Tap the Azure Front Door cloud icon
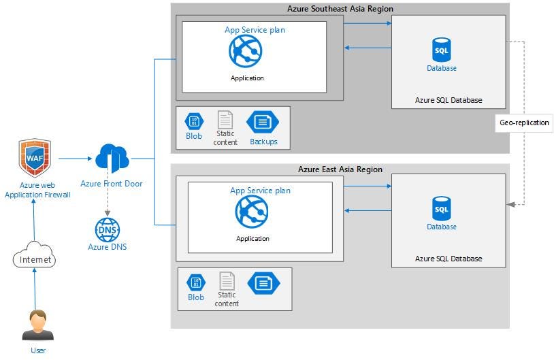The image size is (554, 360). tap(111, 159)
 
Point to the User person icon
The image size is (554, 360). tap(37, 325)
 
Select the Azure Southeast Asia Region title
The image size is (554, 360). tap(340, 9)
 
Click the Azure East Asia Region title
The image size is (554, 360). tap(340, 169)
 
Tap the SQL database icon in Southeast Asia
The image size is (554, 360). tap(442, 50)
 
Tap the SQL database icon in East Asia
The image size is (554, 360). tap(442, 208)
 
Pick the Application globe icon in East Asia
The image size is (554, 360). tap(252, 212)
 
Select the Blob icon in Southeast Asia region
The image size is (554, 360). tap(194, 121)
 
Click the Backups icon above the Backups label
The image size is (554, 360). tap(263, 122)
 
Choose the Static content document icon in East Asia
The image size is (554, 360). tap(227, 281)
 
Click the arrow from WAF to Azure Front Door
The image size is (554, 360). tap(75, 159)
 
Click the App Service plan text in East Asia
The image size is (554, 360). tap(260, 191)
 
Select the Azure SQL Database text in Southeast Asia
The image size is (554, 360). tap(449, 100)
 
